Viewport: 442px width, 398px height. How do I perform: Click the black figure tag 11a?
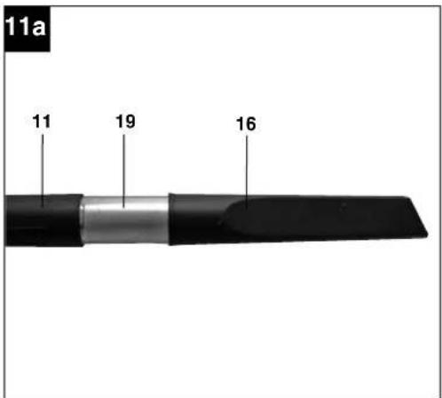(x=28, y=28)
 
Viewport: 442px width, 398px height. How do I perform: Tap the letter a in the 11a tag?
(x=39, y=28)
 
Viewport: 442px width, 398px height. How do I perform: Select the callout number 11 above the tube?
(x=42, y=122)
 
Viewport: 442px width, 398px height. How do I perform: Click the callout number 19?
(x=125, y=122)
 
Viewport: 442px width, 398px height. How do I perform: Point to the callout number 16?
(x=246, y=123)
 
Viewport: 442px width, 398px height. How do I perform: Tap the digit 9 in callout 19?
(x=130, y=122)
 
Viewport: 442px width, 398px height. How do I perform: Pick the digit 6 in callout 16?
(x=251, y=123)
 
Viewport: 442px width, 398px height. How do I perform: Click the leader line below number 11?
(x=43, y=171)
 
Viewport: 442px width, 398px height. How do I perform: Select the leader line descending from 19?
(x=123, y=171)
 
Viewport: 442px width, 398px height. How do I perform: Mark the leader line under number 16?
(x=247, y=171)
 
